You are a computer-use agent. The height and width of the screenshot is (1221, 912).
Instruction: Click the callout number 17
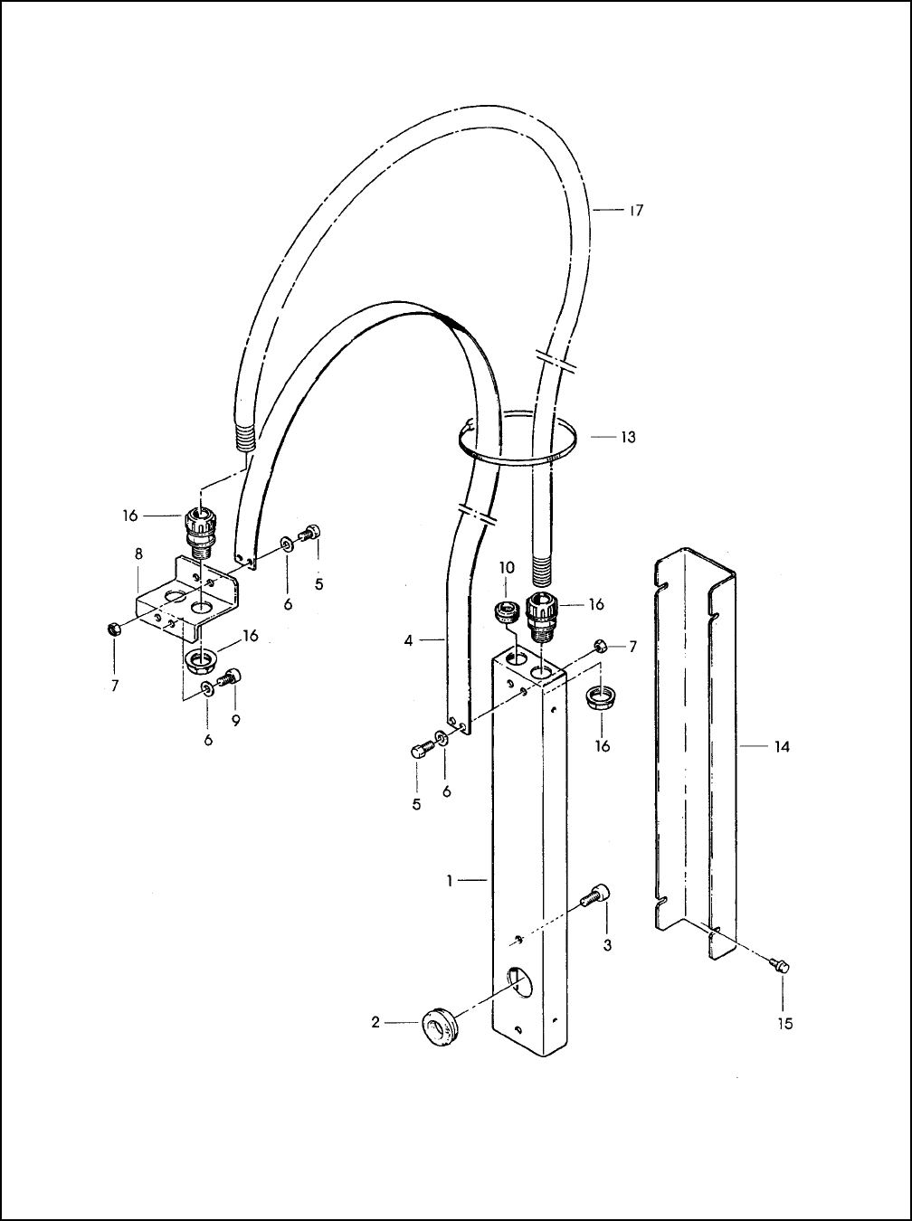(636, 211)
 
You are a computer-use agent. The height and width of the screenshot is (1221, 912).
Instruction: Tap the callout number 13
(628, 438)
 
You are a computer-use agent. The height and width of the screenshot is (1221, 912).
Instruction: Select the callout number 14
(782, 747)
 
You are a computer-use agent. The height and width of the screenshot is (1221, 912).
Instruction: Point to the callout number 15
(785, 1024)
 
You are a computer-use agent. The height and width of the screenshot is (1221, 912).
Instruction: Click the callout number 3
(608, 945)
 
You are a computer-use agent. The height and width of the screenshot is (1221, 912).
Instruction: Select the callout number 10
(508, 568)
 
